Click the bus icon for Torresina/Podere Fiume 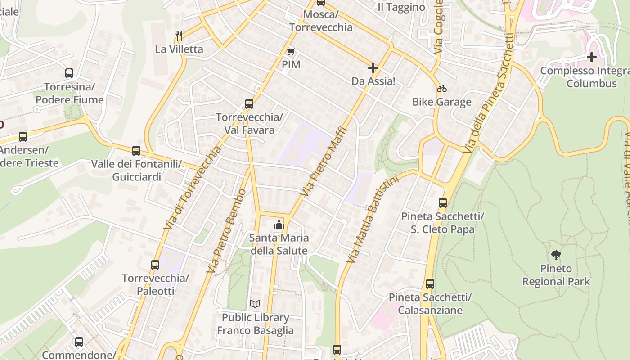[x=69, y=73]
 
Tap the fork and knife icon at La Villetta [x=179, y=36]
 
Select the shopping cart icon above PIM [x=291, y=52]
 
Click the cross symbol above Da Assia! [x=373, y=68]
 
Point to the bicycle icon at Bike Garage [x=441, y=89]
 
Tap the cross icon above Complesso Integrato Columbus [x=592, y=57]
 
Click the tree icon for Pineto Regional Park [x=556, y=255]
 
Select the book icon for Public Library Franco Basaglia [x=255, y=304]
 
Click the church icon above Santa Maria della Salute [x=279, y=224]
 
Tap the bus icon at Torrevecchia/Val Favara [x=249, y=104]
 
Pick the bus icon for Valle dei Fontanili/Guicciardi [x=136, y=151]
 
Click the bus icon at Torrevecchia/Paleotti [x=155, y=265]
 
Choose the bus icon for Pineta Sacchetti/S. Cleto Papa [x=443, y=203]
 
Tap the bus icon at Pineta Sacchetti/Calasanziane [x=430, y=284]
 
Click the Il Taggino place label [x=401, y=7]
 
